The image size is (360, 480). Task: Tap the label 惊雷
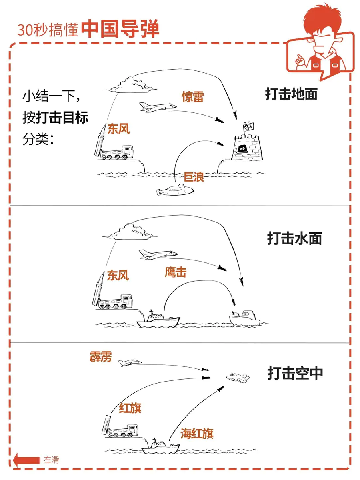[x=193, y=97]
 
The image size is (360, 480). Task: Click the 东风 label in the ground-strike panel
[x=118, y=129]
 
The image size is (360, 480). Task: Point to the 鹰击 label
[x=175, y=273]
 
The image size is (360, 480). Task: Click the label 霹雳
[x=100, y=356]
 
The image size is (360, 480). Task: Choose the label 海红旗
[x=196, y=434]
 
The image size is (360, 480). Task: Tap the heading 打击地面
[x=291, y=94]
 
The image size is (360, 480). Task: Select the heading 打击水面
[x=294, y=239]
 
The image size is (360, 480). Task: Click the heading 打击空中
[x=295, y=373]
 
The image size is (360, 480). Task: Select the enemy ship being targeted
[x=245, y=318]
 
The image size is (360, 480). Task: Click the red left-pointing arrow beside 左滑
[x=26, y=460]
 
